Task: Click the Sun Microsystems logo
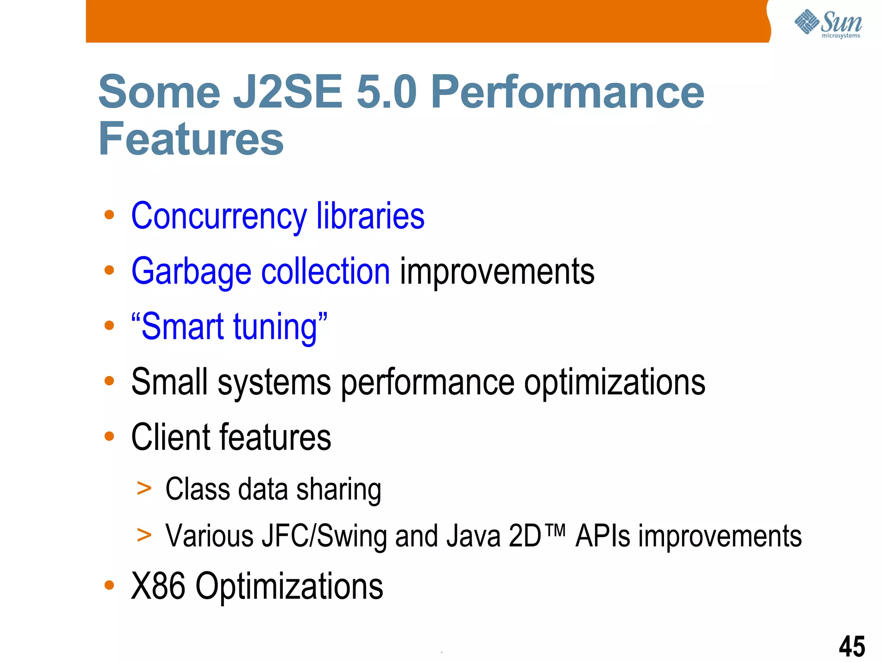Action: [x=828, y=24]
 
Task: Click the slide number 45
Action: [x=852, y=646]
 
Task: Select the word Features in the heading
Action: [x=191, y=139]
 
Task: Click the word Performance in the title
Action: [x=567, y=92]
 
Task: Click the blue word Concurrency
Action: [x=219, y=216]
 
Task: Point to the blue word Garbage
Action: [x=191, y=272]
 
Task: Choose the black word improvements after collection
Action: [x=497, y=272]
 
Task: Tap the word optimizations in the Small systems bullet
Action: [x=614, y=382]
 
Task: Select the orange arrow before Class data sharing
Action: [x=144, y=488]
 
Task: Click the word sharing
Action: [x=339, y=490]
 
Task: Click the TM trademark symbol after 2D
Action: [x=555, y=529]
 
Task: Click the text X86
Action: [x=158, y=586]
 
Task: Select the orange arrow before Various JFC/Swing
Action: [x=144, y=535]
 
